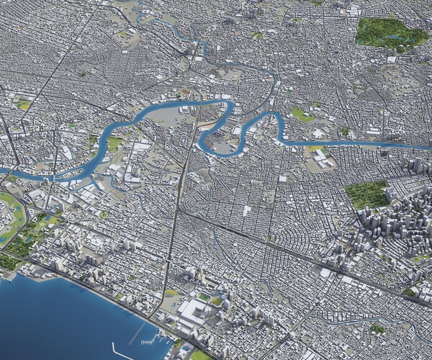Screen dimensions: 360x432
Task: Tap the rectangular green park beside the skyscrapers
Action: [x=366, y=194]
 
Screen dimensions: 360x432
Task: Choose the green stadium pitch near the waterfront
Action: [x=204, y=297]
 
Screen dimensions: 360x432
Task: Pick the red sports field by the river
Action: [x=186, y=91]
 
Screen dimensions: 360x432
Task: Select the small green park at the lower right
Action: [x=377, y=329]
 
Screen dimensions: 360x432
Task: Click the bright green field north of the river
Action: [x=303, y=115]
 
